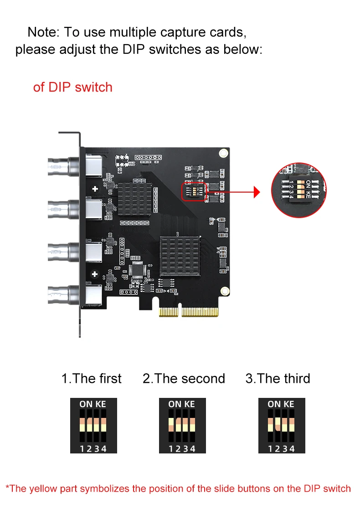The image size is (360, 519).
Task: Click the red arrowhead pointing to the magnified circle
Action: click(257, 192)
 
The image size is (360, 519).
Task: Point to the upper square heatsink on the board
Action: click(135, 199)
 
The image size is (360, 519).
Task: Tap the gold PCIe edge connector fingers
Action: click(189, 312)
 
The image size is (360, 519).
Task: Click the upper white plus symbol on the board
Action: click(95, 188)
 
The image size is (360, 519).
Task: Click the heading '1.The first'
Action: click(91, 379)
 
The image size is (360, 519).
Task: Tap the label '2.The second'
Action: click(184, 379)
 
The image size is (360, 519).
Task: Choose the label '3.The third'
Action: click(278, 379)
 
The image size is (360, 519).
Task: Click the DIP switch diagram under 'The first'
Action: click(93, 426)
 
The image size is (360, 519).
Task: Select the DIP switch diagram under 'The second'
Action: click(182, 426)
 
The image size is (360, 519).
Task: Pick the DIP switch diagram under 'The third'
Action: click(282, 426)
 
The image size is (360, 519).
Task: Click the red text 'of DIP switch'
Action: click(73, 87)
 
